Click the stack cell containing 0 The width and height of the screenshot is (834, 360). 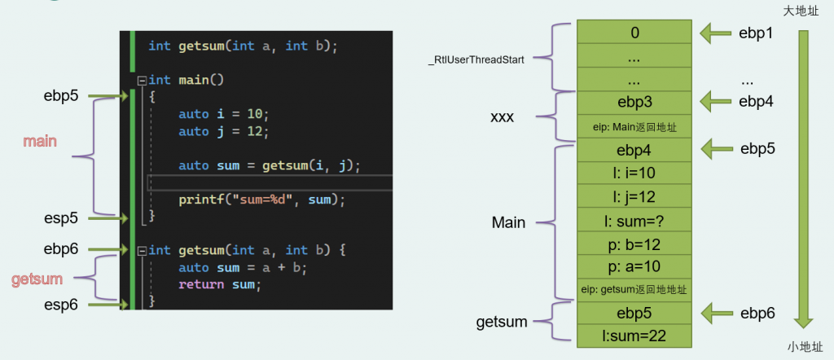634,32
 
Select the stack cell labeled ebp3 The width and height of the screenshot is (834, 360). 634,103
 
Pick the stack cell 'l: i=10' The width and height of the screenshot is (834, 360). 634,173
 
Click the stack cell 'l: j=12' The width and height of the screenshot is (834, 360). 634,197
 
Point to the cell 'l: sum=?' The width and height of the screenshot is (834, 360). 634,220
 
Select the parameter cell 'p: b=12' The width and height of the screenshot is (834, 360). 634,244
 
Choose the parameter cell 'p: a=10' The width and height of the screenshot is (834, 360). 634,267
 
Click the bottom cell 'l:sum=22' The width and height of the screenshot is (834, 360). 634,336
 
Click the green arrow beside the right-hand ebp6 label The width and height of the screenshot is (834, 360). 715,314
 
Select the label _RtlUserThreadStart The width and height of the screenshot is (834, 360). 476,60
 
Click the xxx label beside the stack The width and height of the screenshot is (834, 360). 502,117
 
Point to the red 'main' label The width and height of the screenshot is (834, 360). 40,142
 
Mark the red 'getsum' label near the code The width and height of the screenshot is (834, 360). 37,279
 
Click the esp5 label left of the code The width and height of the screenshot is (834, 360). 61,218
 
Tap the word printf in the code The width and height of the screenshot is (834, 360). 197,200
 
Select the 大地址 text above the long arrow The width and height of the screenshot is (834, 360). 801,11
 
